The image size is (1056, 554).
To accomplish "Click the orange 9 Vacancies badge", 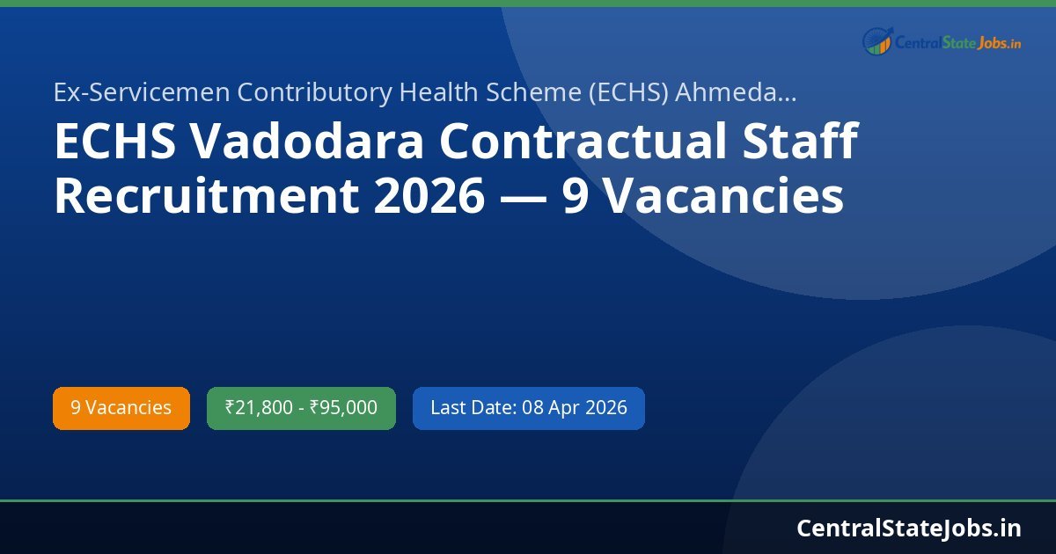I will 121,408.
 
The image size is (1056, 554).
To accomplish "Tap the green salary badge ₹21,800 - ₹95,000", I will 301,408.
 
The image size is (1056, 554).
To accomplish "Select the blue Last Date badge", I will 528,408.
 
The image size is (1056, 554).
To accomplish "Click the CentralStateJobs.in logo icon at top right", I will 877,40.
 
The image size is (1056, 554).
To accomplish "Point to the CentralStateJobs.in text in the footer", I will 909,528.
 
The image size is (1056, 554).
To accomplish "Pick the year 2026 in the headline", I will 429,197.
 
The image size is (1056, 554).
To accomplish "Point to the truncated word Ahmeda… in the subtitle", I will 736,92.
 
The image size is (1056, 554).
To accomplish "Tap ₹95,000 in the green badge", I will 343,408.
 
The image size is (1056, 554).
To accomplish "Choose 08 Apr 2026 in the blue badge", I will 575,408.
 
